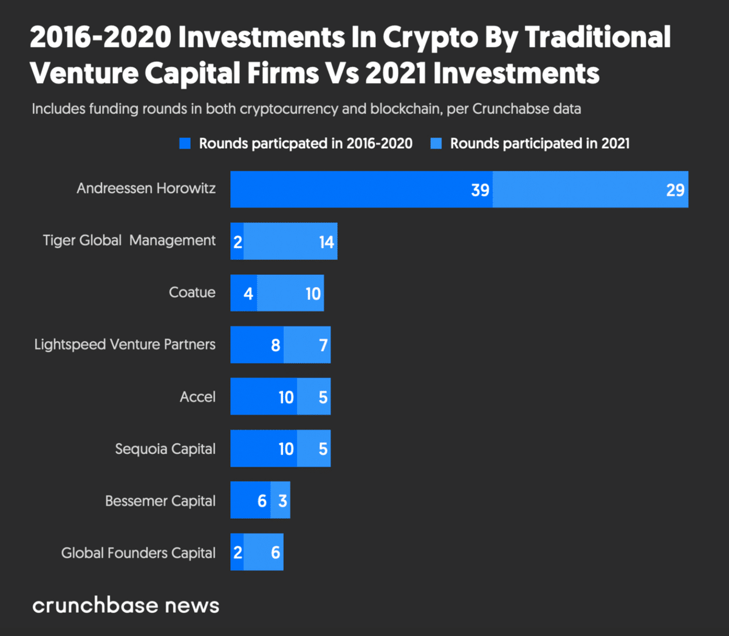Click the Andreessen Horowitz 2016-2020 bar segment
tap(361, 189)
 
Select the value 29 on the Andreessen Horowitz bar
tap(675, 190)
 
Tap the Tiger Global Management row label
tap(129, 240)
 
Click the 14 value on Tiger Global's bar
tap(326, 242)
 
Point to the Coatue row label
tap(192, 293)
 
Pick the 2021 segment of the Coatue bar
tap(290, 293)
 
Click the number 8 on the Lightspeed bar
tap(275, 345)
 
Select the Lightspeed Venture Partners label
tap(125, 345)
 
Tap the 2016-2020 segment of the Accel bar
tap(263, 397)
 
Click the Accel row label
tap(197, 397)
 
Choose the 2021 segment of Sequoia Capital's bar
tap(313, 448)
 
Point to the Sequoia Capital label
tap(165, 449)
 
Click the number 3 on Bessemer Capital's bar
tap(282, 501)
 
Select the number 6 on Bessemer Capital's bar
tap(262, 501)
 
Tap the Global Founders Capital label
tap(138, 553)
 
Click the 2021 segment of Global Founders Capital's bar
tap(264, 552)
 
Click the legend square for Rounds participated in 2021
tap(436, 144)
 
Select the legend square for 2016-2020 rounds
tap(185, 144)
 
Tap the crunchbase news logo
tap(126, 605)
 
